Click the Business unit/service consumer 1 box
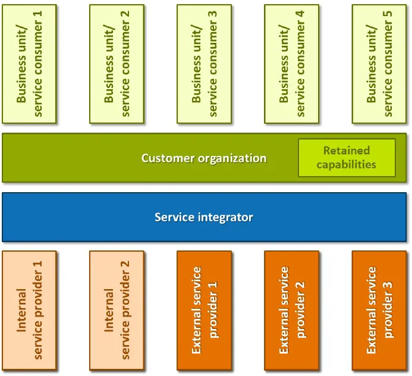tap(29, 64)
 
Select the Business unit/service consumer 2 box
tap(117, 64)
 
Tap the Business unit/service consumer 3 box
tap(204, 64)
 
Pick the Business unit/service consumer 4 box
tap(291, 64)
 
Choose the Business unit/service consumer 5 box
tap(379, 64)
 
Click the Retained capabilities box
tap(347, 158)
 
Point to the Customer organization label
tap(204, 158)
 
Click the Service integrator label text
tap(204, 217)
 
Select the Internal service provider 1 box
tap(29, 310)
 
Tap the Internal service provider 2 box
tap(117, 310)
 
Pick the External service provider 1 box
tap(204, 310)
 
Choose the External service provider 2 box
tap(291, 310)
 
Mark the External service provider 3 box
tap(379, 310)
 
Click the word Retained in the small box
tap(347, 151)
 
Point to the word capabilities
tap(347, 165)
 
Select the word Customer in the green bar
tap(166, 158)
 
